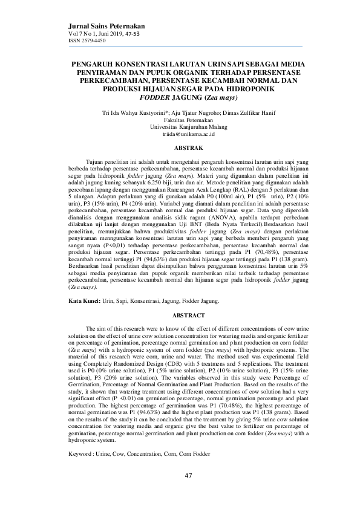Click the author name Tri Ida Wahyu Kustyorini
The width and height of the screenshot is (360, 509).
(x=135, y=112)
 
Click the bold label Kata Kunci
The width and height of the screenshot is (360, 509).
(x=83, y=300)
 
